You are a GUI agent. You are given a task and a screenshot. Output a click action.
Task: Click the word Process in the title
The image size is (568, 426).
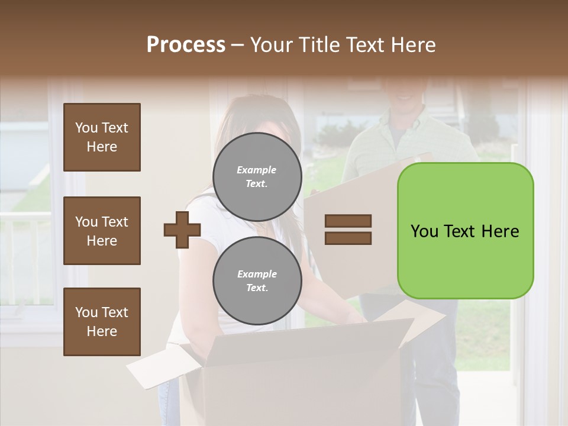[186, 45]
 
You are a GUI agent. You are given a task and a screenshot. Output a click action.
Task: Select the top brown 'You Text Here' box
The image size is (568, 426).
[102, 137]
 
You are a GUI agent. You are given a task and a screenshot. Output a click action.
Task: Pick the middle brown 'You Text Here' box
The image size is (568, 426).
[102, 231]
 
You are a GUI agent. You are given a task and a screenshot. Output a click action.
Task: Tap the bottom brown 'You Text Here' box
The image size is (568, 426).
[102, 322]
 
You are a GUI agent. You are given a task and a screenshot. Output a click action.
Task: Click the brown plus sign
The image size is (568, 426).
[182, 230]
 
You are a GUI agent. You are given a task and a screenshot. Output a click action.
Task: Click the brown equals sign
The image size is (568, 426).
[348, 230]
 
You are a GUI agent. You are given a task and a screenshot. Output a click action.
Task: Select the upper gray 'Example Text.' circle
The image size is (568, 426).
[257, 177]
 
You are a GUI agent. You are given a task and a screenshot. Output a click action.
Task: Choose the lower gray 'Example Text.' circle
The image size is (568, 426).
[257, 281]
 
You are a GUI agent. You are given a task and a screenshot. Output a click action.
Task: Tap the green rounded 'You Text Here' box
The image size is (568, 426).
[465, 231]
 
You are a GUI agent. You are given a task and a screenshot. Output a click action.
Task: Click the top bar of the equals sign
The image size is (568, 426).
[348, 221]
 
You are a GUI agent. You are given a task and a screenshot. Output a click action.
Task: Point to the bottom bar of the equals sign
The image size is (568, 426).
[348, 238]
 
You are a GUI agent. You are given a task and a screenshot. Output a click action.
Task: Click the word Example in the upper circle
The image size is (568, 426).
[257, 170]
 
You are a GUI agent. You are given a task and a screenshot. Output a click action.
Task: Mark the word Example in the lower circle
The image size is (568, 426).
[257, 275]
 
